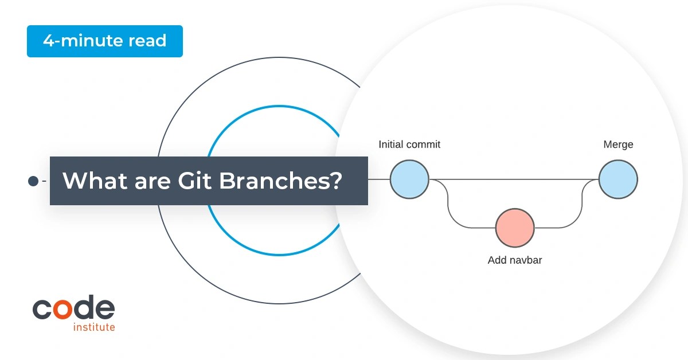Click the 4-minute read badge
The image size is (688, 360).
coord(104,41)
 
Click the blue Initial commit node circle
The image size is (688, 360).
coord(409,179)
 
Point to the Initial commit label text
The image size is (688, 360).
coord(409,144)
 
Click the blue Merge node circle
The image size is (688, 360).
coord(618,179)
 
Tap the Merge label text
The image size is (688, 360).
coord(618,144)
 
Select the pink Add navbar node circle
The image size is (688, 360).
coord(515,228)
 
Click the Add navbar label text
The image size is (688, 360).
coord(515,260)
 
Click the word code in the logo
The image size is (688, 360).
coord(73,309)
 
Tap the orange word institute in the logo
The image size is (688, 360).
coord(94,327)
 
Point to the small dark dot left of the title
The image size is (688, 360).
coord(33,181)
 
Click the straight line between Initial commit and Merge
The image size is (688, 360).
coord(516,179)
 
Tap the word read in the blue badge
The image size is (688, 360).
coord(147,41)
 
